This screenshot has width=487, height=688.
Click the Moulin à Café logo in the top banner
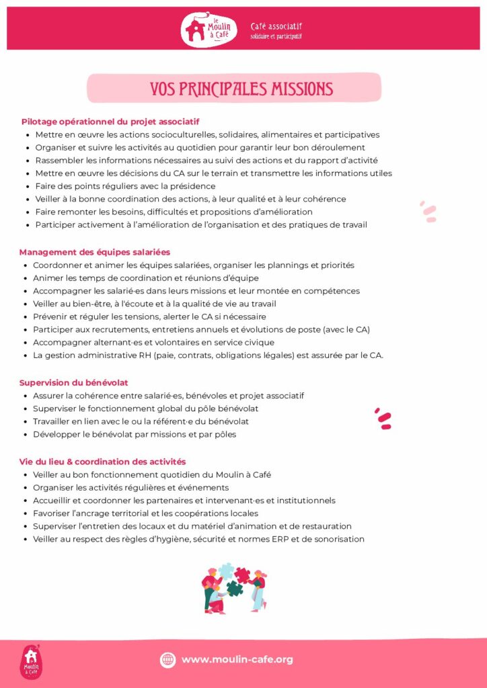[208, 30]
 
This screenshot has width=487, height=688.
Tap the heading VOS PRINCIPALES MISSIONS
[241, 89]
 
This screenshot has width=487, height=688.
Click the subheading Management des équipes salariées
[95, 252]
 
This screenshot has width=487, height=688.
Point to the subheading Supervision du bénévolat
[74, 382]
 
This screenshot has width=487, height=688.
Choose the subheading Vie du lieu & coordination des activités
[102, 462]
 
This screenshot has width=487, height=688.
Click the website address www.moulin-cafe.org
[237, 659]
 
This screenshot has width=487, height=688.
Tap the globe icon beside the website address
[167, 660]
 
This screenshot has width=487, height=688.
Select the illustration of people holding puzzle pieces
[234, 587]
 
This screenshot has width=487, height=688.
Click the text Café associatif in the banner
[276, 26]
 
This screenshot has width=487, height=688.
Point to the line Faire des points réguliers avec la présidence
[125, 186]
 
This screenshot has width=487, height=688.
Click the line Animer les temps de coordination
[145, 277]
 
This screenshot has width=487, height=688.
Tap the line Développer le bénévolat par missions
[135, 434]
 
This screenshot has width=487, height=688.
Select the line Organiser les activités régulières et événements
[130, 487]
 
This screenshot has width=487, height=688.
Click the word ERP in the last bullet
[278, 539]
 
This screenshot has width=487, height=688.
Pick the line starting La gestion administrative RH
[208, 355]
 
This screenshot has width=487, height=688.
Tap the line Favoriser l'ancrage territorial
[145, 513]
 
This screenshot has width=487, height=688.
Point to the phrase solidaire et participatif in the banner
[276, 36]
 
